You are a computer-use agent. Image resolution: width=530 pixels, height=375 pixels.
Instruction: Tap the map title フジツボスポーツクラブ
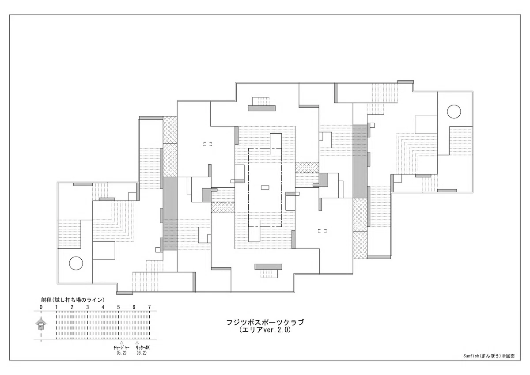click(265, 322)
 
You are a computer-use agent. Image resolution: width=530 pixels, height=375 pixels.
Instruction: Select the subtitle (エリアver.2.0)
click(265, 330)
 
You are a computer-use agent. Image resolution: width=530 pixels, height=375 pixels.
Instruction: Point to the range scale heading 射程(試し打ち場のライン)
click(72, 300)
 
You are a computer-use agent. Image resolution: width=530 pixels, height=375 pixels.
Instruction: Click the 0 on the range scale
click(41, 307)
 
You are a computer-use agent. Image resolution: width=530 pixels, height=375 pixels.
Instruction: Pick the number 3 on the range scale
click(87, 307)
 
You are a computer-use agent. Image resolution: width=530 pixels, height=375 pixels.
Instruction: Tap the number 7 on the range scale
click(149, 307)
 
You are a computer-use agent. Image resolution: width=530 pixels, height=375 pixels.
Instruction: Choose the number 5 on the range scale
click(118, 307)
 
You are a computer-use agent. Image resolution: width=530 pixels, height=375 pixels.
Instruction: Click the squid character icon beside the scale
click(41, 324)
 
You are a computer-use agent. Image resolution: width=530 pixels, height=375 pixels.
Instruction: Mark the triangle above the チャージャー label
click(121, 343)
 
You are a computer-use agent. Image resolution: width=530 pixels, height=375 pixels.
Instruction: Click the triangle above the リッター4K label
click(137, 343)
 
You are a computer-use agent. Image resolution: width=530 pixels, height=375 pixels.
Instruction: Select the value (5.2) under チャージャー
click(121, 353)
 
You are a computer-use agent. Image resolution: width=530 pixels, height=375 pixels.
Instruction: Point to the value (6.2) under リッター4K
click(141, 353)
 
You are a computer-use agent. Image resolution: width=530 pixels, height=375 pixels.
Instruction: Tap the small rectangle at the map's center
click(265, 188)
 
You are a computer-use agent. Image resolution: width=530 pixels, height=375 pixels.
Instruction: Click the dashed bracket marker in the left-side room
click(208, 144)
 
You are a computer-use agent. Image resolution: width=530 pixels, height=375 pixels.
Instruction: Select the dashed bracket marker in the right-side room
click(322, 231)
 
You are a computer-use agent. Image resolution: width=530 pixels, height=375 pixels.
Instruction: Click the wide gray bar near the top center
click(261, 108)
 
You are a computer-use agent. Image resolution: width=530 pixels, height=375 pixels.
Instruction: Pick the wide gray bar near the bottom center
click(269, 267)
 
